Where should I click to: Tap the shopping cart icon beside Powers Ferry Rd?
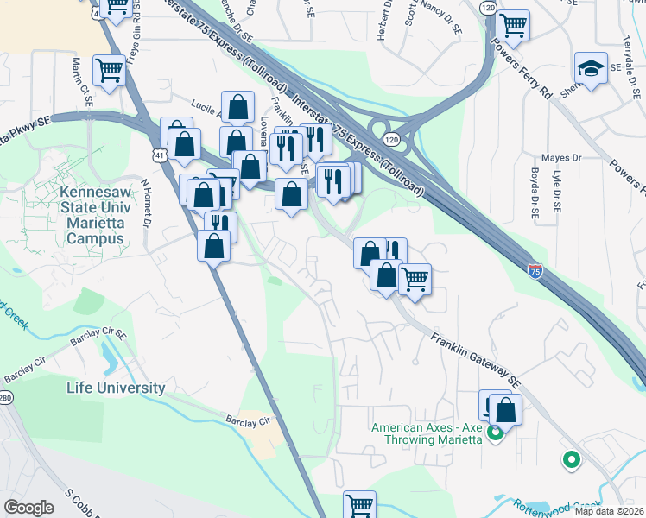pos(513,25)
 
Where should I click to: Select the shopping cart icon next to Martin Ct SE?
pos(110,70)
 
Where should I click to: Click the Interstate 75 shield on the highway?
pos(535,271)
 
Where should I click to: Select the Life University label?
pos(116,388)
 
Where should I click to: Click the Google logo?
pos(29,508)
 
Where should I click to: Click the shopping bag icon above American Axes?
pos(506,410)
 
